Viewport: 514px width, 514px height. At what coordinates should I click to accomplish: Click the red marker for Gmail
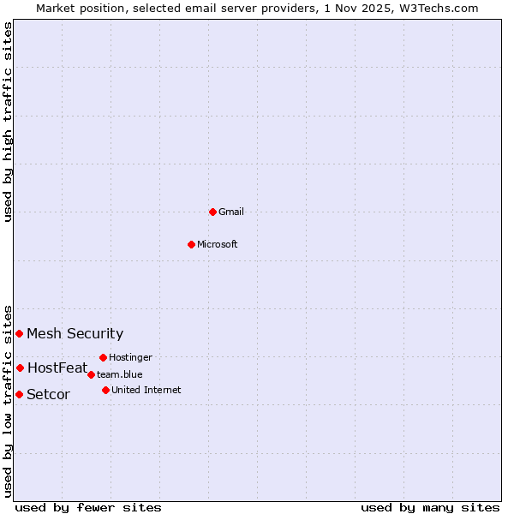click(212, 212)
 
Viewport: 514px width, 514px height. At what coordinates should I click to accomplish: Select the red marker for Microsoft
click(191, 244)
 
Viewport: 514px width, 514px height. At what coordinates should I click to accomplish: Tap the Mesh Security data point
click(19, 333)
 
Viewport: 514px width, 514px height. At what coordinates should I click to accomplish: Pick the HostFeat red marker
click(20, 368)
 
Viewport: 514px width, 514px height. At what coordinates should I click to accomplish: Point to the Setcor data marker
click(19, 394)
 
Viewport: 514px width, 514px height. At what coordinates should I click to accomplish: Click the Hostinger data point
click(103, 357)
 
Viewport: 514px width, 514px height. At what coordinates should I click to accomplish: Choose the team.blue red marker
click(91, 374)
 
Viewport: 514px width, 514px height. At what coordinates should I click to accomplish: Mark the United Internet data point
click(105, 390)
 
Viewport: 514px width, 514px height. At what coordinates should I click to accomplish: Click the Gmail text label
click(231, 212)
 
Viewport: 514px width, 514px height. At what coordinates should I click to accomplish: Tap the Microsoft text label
click(218, 244)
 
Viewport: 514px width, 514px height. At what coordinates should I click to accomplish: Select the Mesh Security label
click(75, 334)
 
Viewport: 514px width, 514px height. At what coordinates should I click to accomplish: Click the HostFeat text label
click(57, 368)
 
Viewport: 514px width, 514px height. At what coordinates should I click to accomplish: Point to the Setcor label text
click(49, 395)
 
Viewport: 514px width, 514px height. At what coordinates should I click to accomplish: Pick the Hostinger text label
click(131, 357)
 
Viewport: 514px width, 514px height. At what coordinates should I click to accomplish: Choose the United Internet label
click(146, 390)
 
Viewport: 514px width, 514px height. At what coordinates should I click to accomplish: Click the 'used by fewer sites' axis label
click(88, 507)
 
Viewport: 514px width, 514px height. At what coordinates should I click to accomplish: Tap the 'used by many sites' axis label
click(430, 507)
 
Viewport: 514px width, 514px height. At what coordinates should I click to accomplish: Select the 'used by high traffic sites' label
click(9, 123)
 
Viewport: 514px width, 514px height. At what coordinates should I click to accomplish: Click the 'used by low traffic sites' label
click(9, 400)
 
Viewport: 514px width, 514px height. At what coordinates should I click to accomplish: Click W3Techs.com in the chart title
click(442, 8)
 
